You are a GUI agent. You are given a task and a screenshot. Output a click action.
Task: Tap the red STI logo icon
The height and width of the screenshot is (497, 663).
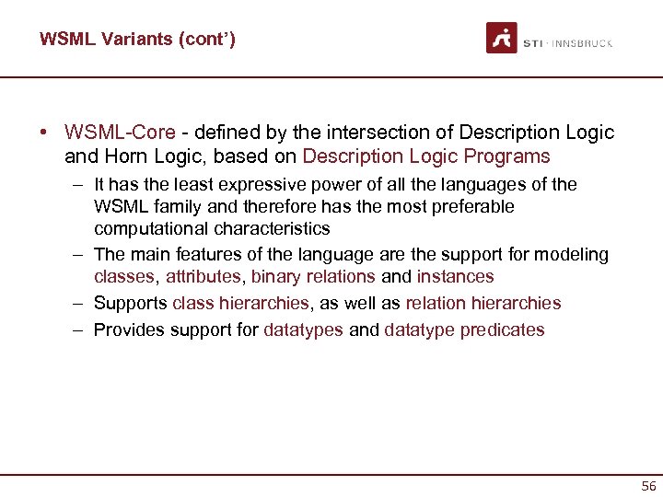502,38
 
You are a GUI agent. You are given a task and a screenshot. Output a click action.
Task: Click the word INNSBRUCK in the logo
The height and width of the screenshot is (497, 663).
584,43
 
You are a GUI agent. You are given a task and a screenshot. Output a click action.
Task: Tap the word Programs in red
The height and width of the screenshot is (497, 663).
509,156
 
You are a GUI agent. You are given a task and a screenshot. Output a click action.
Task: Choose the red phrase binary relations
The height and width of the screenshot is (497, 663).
313,277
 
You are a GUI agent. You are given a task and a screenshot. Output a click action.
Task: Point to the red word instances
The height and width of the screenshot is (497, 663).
455,277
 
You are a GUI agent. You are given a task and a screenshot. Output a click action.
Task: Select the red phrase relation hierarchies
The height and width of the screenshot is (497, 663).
483,303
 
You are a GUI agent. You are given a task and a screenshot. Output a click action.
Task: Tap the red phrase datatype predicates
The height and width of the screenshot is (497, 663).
464,329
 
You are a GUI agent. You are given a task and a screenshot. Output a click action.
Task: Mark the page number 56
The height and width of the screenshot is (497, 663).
648,486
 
